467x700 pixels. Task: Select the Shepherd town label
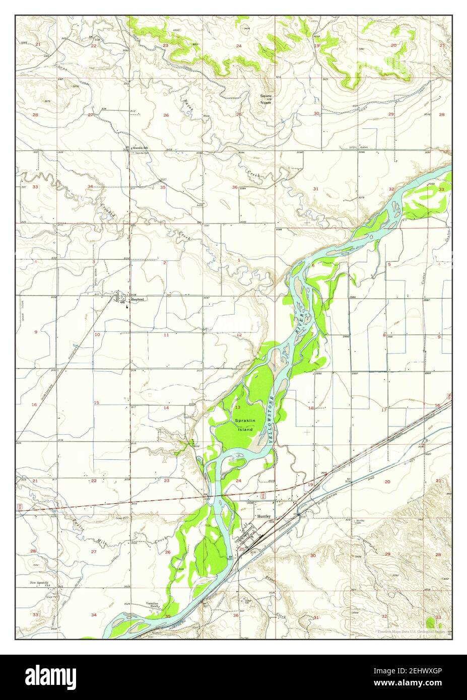click(x=138, y=300)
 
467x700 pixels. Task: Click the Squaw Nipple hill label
click(x=265, y=99)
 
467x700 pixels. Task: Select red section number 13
click(x=238, y=407)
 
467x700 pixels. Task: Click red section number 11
click(x=166, y=335)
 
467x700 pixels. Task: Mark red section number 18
click(x=311, y=408)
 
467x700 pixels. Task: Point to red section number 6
click(x=313, y=265)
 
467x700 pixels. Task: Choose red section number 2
click(x=164, y=262)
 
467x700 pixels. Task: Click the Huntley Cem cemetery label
click(x=361, y=522)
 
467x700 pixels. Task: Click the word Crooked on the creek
click(x=107, y=208)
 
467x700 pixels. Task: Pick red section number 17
click(x=384, y=410)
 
